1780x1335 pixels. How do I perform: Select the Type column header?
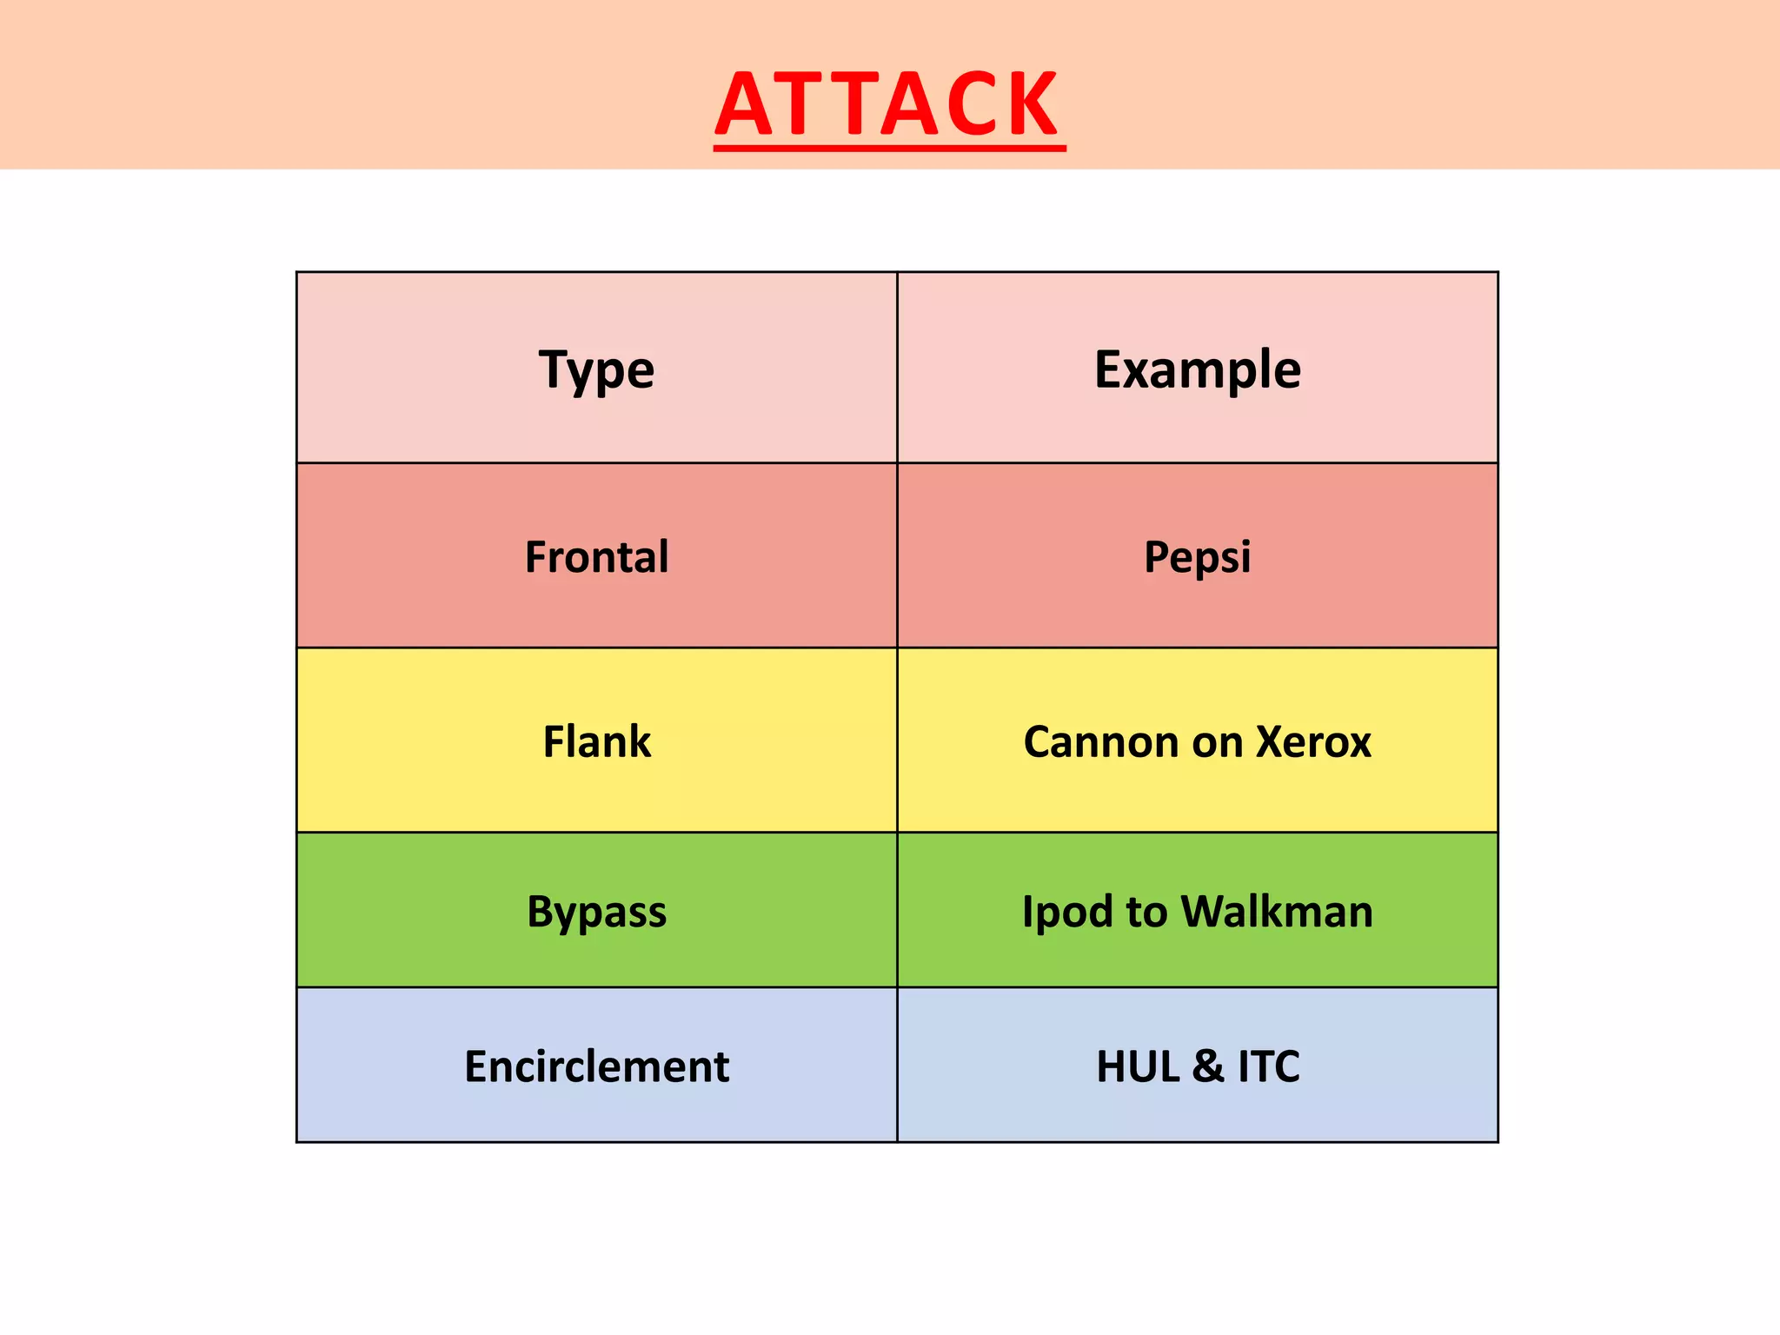coord(596,369)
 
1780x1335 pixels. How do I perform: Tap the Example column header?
coord(1197,369)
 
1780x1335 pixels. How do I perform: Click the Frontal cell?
coord(596,557)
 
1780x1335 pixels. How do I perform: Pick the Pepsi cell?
coord(1197,557)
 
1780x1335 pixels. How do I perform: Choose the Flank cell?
coord(596,742)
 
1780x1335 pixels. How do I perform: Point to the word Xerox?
coord(1313,742)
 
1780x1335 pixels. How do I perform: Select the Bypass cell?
coord(596,912)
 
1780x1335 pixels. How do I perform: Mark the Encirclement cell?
coord(596,1066)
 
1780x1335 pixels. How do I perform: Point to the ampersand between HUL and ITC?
coord(1208,1066)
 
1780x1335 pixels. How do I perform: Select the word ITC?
coord(1268,1066)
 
